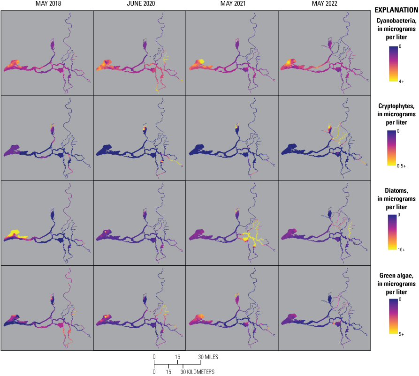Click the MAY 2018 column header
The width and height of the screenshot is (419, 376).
(46, 5)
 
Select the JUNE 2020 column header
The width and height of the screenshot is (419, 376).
(139, 5)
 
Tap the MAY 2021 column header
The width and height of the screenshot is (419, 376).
(232, 5)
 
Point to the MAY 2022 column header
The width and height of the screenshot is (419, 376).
(324, 5)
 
